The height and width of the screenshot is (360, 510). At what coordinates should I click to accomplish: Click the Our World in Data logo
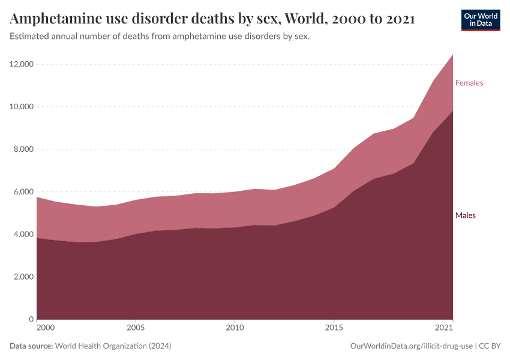point(480,20)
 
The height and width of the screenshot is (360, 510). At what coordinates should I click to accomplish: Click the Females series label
point(469,83)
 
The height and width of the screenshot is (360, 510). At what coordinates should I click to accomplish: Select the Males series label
point(465,215)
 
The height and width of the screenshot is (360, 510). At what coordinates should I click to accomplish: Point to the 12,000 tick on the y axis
point(20,64)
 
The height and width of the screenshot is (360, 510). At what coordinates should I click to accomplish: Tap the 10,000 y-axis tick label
point(20,107)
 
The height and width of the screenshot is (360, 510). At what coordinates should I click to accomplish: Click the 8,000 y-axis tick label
point(22,149)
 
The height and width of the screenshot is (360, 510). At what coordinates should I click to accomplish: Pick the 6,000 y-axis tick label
point(22,192)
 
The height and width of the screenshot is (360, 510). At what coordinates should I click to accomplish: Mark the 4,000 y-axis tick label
point(22,235)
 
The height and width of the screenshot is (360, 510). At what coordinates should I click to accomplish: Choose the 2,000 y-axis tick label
point(22,277)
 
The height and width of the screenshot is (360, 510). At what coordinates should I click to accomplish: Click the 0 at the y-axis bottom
point(30,320)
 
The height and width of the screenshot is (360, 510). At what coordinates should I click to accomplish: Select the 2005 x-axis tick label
point(136,328)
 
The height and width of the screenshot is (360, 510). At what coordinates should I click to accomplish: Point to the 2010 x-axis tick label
point(235,328)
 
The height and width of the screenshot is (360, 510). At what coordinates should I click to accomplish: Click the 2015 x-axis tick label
point(334,328)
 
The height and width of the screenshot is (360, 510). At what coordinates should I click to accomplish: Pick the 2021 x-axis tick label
point(444,328)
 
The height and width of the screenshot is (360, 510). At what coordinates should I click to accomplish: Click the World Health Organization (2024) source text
point(113,346)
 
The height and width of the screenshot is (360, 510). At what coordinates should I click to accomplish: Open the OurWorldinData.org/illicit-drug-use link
point(412,346)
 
